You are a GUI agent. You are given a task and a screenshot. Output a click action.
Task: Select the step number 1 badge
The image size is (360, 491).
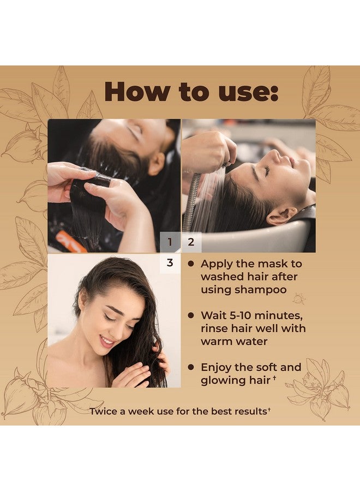click(x=170, y=242)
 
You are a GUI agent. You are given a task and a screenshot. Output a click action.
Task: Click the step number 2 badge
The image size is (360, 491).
click(x=191, y=242)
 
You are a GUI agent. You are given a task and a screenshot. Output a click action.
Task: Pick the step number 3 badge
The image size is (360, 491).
click(x=170, y=263)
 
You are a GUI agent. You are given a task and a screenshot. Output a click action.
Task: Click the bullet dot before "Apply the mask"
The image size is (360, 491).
click(x=191, y=264)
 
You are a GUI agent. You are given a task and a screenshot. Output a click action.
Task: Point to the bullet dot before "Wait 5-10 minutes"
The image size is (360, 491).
click(x=191, y=315)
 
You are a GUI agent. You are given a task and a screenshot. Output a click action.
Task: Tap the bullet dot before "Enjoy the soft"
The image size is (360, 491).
click(x=191, y=367)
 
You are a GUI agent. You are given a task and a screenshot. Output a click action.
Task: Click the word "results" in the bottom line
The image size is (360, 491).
click(x=247, y=410)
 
